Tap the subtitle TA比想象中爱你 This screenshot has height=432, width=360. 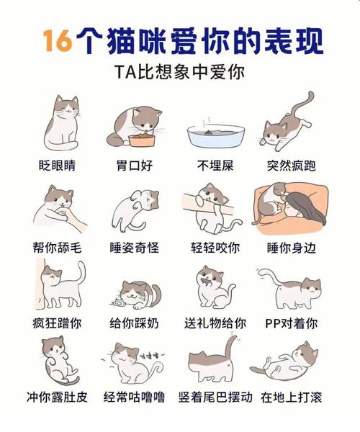(179, 73)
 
